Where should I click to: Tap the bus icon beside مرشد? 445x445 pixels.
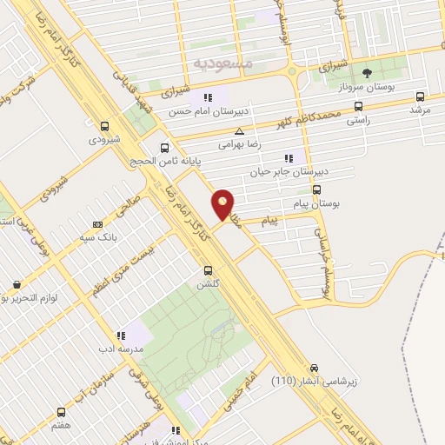tap(422, 97)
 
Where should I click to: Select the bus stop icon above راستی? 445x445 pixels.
tap(358, 106)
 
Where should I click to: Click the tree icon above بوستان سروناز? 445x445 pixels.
tap(367, 73)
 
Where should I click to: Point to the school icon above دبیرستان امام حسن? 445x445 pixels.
tap(208, 96)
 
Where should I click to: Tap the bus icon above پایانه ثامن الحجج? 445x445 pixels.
tap(164, 147)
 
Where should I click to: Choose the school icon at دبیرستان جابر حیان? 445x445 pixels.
tap(289, 158)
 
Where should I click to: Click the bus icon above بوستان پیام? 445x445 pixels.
tap(315, 189)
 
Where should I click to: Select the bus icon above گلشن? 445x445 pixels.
tap(207, 270)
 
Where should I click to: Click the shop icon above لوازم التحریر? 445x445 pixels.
tap(17, 284)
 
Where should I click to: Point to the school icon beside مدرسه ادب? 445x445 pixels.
tap(121, 335)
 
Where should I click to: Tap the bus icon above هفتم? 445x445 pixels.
tap(61, 412)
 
